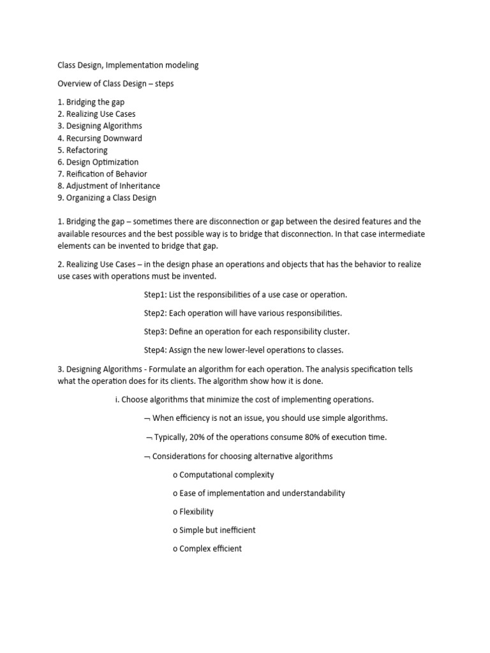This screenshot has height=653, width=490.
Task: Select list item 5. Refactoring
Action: pos(82,150)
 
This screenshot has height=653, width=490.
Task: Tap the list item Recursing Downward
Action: pos(100,138)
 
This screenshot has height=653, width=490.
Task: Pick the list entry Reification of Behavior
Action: pos(102,173)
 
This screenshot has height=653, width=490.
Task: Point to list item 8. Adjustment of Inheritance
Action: pos(108,186)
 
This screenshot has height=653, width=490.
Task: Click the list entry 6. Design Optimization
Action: pos(98,162)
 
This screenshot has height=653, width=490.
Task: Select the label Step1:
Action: pos(155,295)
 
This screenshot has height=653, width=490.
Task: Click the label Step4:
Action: pos(155,349)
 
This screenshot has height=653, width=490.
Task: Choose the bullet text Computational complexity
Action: pos(226,474)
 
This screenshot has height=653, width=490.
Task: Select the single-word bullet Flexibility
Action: pos(197,511)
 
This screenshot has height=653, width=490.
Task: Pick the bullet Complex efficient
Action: pos(211,548)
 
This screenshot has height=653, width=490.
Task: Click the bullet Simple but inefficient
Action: pos(218,530)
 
